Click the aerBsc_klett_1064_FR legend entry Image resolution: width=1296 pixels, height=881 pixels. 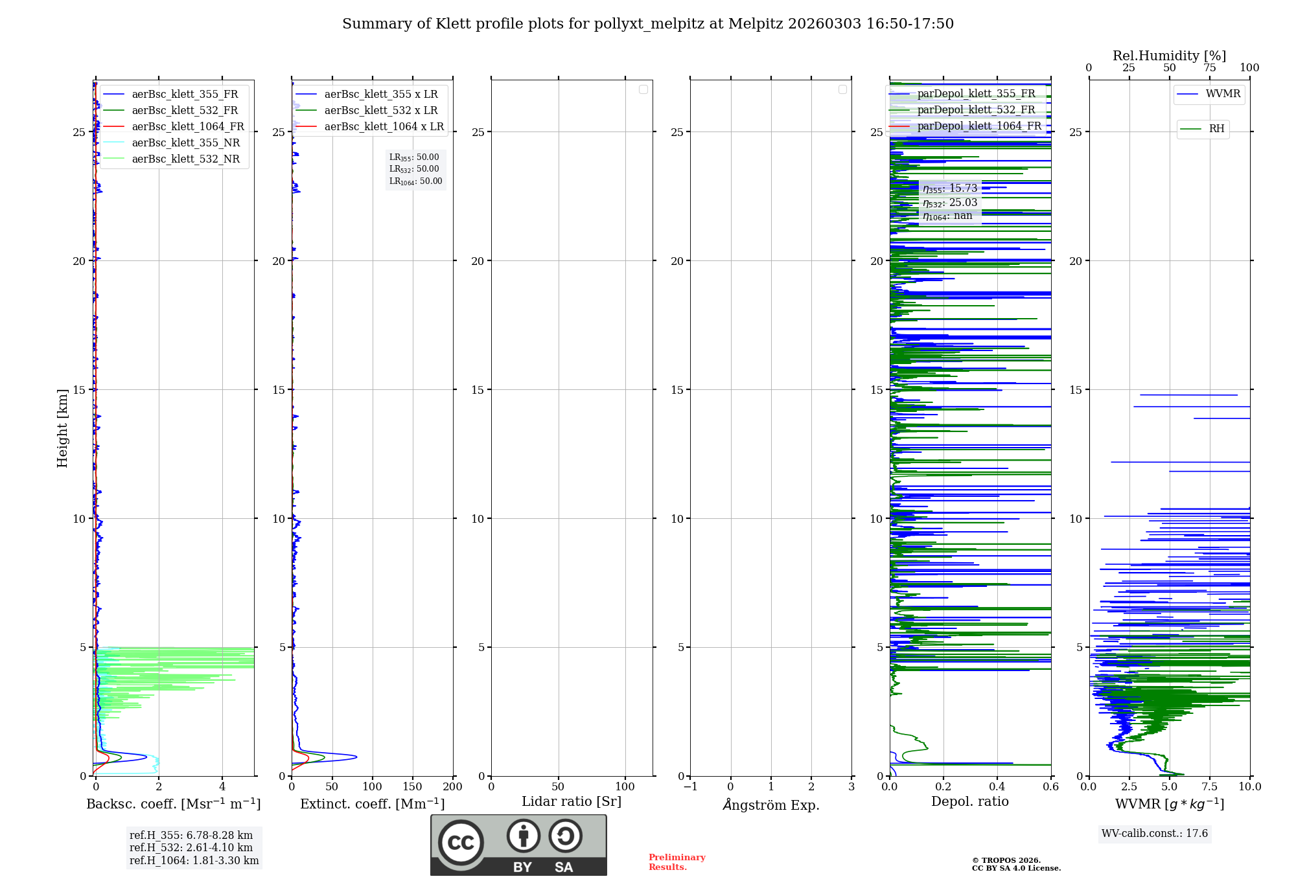[x=188, y=126]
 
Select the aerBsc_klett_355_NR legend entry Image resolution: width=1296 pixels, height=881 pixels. [x=185, y=143]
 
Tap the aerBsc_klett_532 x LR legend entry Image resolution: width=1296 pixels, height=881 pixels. [x=381, y=110]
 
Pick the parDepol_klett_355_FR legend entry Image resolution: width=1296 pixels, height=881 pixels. [x=976, y=94]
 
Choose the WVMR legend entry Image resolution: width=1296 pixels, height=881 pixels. [x=1223, y=94]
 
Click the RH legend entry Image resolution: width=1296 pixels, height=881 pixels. [x=1216, y=129]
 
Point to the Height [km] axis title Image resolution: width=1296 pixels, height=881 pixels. [x=62, y=428]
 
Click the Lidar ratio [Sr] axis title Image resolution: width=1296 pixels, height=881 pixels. [x=571, y=801]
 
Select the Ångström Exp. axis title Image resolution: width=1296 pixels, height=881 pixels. [x=770, y=805]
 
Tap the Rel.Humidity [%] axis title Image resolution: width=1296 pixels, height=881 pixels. [x=1169, y=56]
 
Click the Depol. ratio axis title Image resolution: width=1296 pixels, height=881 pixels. [x=969, y=801]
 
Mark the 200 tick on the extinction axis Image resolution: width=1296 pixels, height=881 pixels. [x=452, y=786]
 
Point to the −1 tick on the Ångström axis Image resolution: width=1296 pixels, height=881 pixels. [x=690, y=786]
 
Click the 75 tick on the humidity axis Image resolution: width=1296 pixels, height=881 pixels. [x=1209, y=68]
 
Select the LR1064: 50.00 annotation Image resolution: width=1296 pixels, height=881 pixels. [x=415, y=181]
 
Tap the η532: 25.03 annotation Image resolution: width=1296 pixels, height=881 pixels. [x=950, y=203]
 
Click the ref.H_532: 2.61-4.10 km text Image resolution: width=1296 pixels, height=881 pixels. [x=191, y=847]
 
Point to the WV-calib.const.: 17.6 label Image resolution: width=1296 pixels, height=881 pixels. [x=1155, y=833]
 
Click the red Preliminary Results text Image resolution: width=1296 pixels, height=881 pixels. [x=677, y=862]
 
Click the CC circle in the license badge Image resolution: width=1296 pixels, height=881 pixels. [x=461, y=842]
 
